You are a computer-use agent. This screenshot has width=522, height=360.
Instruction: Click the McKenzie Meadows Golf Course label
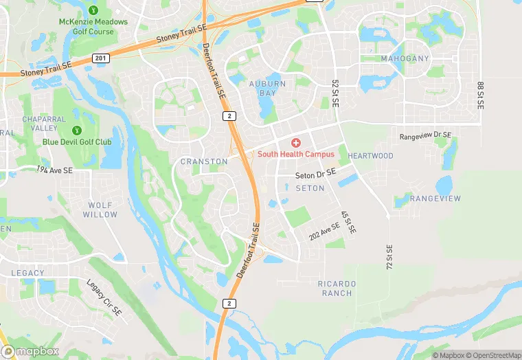pos(93,26)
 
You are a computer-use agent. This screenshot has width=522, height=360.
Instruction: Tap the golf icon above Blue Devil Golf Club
pos(77,130)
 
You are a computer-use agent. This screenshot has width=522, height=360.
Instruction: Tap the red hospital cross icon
pos(296,142)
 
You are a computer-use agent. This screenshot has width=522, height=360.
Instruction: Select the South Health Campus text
pos(296,155)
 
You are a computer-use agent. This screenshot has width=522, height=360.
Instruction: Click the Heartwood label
pos(371,156)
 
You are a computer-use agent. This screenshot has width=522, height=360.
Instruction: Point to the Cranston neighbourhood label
pos(204,161)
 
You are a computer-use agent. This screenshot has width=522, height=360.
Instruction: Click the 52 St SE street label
pos(336,92)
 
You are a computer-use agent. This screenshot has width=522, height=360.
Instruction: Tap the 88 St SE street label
pos(480,95)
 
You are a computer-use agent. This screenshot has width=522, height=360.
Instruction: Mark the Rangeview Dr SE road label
pos(426,136)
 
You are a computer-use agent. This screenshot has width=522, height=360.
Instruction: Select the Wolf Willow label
pos(100,210)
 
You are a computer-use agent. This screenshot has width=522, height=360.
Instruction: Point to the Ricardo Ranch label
pos(337,288)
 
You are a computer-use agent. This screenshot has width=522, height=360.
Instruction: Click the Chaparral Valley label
pos(44,123)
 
